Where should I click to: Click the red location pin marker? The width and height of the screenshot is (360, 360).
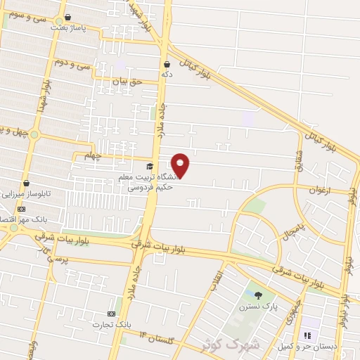(181, 165)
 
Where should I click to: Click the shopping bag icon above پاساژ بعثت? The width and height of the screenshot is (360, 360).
(67, 17)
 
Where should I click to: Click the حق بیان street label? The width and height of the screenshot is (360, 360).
(128, 82)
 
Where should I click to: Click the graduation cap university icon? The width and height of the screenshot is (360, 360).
(149, 167)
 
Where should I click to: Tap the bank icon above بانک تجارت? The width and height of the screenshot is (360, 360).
(110, 313)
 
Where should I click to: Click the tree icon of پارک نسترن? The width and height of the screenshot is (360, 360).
(258, 295)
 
